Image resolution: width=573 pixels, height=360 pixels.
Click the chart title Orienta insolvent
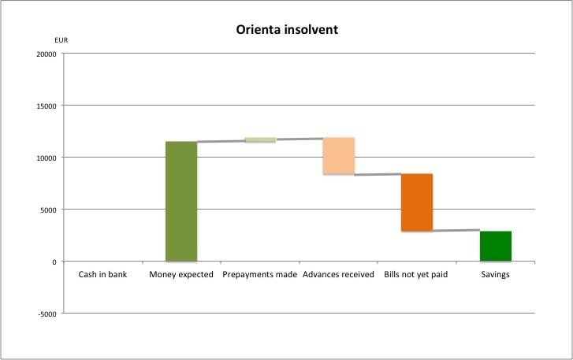[287, 31]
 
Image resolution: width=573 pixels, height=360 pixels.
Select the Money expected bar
[181, 201]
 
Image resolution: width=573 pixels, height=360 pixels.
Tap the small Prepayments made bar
[260, 140]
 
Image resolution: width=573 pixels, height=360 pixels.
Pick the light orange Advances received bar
[339, 156]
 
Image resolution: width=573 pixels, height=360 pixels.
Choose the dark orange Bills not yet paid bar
[417, 202]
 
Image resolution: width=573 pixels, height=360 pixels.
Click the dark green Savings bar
[496, 246]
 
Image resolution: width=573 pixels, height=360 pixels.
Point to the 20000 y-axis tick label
[46, 54]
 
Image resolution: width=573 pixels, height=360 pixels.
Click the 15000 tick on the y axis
[46, 106]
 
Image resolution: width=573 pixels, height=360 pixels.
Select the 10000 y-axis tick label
[46, 158]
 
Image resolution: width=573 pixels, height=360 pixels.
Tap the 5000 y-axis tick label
[48, 210]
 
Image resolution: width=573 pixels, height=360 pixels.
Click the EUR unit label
[61, 39]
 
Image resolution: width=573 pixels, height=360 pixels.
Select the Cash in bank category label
[102, 275]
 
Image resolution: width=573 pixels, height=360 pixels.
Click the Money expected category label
[181, 275]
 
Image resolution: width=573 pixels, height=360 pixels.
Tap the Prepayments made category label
[260, 275]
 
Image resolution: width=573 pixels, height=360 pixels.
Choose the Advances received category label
[339, 275]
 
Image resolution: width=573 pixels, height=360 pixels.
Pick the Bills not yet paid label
[417, 275]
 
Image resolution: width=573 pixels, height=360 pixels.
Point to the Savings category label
[496, 275]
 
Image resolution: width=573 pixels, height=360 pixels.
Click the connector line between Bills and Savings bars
[456, 231]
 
